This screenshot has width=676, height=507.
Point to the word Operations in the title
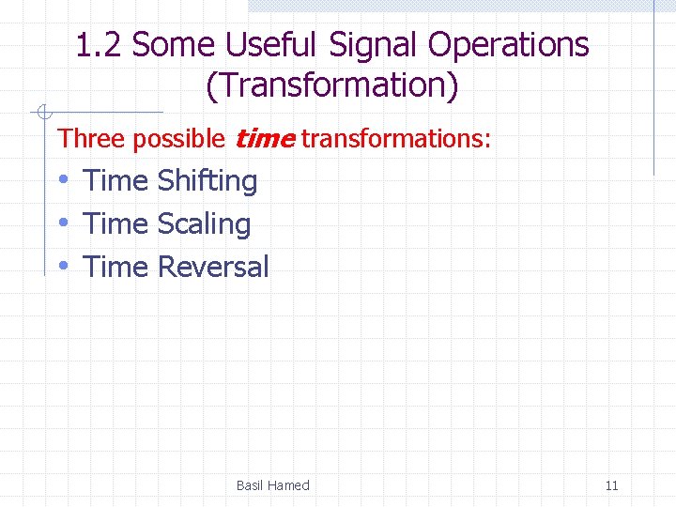point(510,44)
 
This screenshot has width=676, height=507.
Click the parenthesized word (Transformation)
point(331,85)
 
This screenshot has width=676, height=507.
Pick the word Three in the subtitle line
point(92,139)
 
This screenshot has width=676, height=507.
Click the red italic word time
point(264,139)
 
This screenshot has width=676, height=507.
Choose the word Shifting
point(207,180)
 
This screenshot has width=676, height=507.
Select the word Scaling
point(204,223)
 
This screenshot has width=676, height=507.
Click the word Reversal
point(213,267)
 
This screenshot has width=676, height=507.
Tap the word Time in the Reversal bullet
point(115,267)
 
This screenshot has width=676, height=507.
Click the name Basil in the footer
point(250,485)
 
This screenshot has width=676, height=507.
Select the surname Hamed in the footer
point(288,485)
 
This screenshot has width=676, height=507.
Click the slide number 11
point(611,485)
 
